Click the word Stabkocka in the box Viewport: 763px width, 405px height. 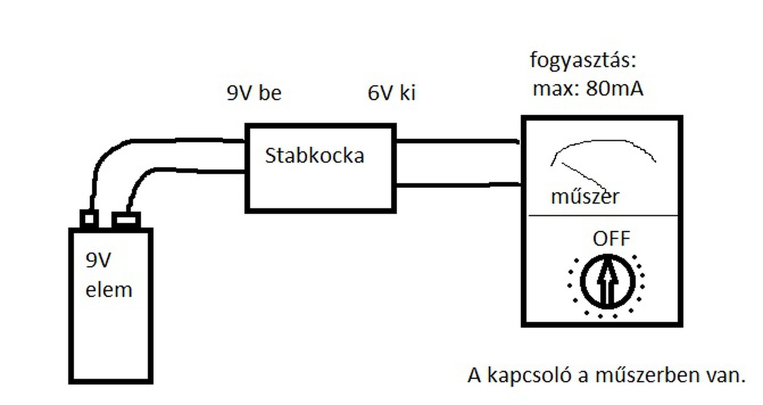point(314,156)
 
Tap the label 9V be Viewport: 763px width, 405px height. point(253,94)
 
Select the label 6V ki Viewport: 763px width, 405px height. point(391,94)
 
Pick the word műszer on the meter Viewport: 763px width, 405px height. point(585,196)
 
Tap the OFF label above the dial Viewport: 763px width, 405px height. point(611,239)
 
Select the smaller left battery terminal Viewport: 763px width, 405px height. point(89,219)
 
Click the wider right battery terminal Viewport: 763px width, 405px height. point(126,220)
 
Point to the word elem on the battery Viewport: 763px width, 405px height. point(108,290)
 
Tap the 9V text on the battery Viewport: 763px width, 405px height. point(99,261)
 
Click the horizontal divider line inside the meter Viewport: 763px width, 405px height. point(602,215)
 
